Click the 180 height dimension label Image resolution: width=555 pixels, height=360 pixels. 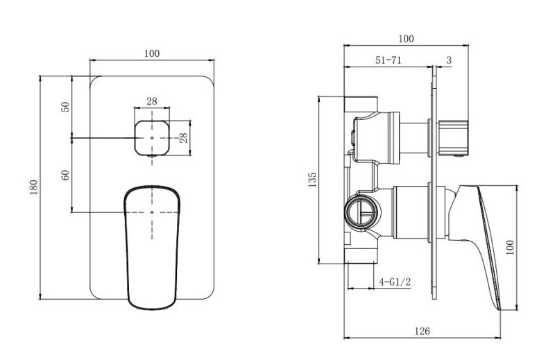click(33, 187)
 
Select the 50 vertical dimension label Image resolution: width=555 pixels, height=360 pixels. click(66, 107)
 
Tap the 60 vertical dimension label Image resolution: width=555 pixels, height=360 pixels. click(66, 175)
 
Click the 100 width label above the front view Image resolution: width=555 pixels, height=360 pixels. click(152, 53)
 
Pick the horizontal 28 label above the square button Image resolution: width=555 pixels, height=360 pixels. click(152, 101)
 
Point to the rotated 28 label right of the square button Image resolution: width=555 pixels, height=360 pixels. click(183, 138)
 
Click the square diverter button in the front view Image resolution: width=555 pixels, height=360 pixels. click(152, 138)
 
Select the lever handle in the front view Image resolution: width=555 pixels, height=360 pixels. click(152, 248)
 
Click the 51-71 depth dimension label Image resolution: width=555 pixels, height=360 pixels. click(388, 60)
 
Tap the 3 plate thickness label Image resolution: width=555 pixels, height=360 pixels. click(449, 60)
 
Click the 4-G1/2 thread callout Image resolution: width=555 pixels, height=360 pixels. click(395, 282)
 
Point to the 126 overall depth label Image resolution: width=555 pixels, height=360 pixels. click(422, 332)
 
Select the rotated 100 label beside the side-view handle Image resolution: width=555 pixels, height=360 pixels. click(510, 248)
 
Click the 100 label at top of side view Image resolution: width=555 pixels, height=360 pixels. click(406, 39)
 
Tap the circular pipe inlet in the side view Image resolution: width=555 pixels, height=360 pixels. click(361, 212)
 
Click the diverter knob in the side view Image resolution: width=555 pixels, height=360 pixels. click(454, 138)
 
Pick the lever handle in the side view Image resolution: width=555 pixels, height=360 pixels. click(475, 248)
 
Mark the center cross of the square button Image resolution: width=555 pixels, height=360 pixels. click(152, 138)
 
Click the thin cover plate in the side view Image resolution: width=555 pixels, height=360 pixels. click(434, 182)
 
